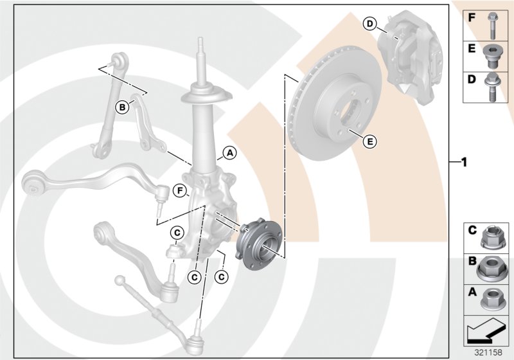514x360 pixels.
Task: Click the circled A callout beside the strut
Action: pyautogui.click(x=229, y=153)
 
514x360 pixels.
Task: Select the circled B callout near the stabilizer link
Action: pyautogui.click(x=121, y=107)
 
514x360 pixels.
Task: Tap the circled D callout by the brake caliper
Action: pyautogui.click(x=369, y=24)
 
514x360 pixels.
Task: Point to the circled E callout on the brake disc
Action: pyautogui.click(x=369, y=140)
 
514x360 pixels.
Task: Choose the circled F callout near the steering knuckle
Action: pyautogui.click(x=181, y=190)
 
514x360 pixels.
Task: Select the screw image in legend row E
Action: pyautogui.click(x=491, y=57)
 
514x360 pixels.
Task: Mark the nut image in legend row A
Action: pyautogui.click(x=492, y=296)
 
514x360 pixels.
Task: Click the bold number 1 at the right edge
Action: pyautogui.click(x=462, y=161)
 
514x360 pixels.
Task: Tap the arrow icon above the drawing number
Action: pyautogui.click(x=487, y=331)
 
